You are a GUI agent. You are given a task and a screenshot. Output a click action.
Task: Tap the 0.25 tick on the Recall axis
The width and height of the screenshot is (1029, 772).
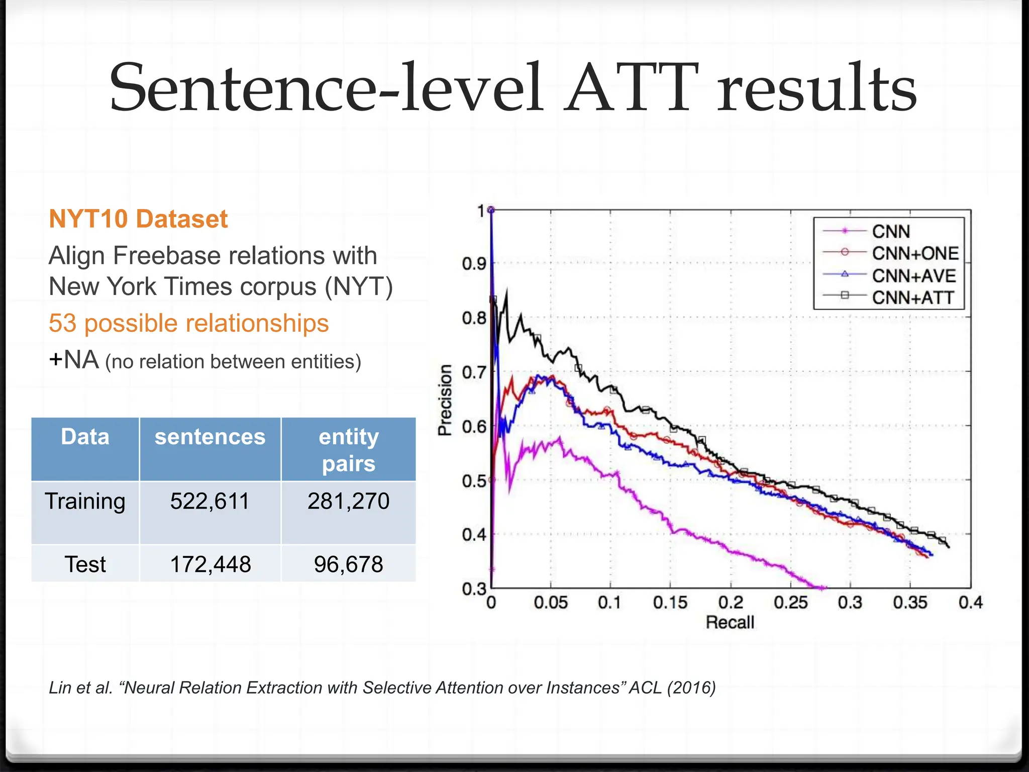(x=790, y=602)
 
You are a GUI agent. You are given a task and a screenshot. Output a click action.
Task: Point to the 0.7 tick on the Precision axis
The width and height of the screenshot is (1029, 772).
(x=474, y=372)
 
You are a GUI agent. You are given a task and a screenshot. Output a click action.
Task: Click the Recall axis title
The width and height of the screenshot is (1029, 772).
(x=730, y=622)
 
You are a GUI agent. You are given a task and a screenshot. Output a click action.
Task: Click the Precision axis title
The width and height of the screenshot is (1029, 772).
(x=445, y=400)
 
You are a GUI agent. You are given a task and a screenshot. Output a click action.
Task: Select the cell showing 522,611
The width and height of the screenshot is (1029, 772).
(x=210, y=501)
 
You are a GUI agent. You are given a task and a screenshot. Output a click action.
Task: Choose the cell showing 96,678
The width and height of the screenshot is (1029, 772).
(x=348, y=564)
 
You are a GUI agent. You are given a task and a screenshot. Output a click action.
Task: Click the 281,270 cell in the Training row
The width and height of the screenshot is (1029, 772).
(x=348, y=501)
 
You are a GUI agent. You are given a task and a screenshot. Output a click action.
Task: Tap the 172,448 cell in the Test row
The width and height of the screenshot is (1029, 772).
(x=210, y=564)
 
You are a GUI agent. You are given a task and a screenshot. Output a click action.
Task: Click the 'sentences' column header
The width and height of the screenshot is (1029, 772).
(x=210, y=436)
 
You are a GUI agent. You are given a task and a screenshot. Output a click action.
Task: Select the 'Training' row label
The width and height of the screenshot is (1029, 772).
(x=85, y=501)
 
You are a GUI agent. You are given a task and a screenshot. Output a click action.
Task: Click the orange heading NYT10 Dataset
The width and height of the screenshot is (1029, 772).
(x=138, y=219)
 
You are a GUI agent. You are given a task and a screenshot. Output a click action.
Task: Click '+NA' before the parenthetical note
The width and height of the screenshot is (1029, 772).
(x=73, y=360)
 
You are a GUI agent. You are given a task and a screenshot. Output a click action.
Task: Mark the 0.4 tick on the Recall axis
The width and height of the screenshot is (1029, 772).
(x=970, y=602)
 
